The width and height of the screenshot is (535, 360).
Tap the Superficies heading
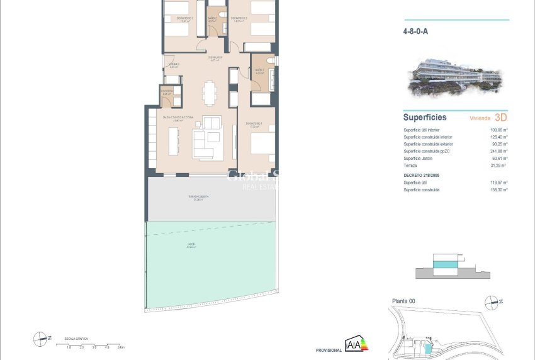(425, 117)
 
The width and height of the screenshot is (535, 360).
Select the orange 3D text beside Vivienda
(501, 117)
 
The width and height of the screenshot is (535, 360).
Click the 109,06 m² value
(498, 130)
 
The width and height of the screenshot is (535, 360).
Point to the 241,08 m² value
(498, 151)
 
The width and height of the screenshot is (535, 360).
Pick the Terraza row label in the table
(410, 165)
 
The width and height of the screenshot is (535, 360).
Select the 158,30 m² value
(498, 189)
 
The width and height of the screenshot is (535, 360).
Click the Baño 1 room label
(259, 70)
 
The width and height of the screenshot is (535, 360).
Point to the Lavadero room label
(167, 91)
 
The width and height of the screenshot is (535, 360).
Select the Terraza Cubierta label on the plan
(198, 197)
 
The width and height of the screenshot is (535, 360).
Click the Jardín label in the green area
(191, 244)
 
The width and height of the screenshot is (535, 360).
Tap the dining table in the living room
(210, 93)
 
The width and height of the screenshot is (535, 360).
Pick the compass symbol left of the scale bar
(41, 339)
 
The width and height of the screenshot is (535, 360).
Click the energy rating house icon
(357, 344)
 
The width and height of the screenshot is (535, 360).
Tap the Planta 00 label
(403, 301)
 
